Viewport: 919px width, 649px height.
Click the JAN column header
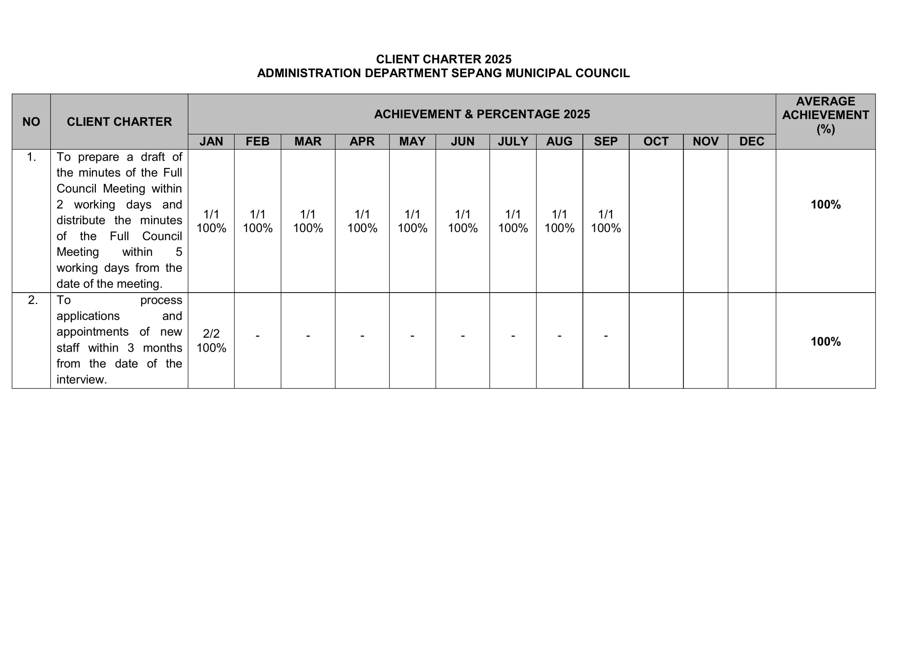(211, 142)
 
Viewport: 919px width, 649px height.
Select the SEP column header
(606, 142)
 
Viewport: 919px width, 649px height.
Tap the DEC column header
(751, 142)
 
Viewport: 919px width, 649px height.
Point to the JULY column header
(513, 142)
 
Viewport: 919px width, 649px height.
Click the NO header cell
(31, 122)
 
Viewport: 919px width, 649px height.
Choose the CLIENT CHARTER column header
(119, 122)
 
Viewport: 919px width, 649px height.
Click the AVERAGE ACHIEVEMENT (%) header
(825, 115)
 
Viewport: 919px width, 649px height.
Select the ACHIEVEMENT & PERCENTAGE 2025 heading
(481, 114)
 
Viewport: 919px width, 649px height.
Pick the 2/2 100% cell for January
(211, 341)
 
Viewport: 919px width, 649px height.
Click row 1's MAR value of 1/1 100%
(308, 221)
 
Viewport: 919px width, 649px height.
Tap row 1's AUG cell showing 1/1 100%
(559, 221)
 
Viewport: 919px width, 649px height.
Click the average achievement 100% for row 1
(825, 205)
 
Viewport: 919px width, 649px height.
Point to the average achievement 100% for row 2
(825, 341)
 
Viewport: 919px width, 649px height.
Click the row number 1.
(31, 157)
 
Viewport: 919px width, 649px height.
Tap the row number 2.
(33, 300)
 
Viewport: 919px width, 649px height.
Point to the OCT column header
(656, 142)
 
